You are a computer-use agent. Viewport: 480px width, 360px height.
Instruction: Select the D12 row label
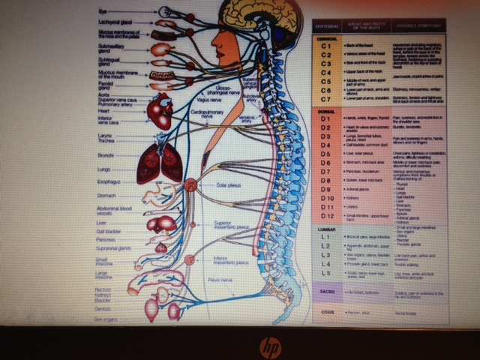325,215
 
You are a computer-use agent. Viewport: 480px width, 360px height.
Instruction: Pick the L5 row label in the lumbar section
325,274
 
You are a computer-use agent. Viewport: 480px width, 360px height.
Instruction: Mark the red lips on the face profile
213,49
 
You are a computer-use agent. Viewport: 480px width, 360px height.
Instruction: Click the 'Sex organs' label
108,319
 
